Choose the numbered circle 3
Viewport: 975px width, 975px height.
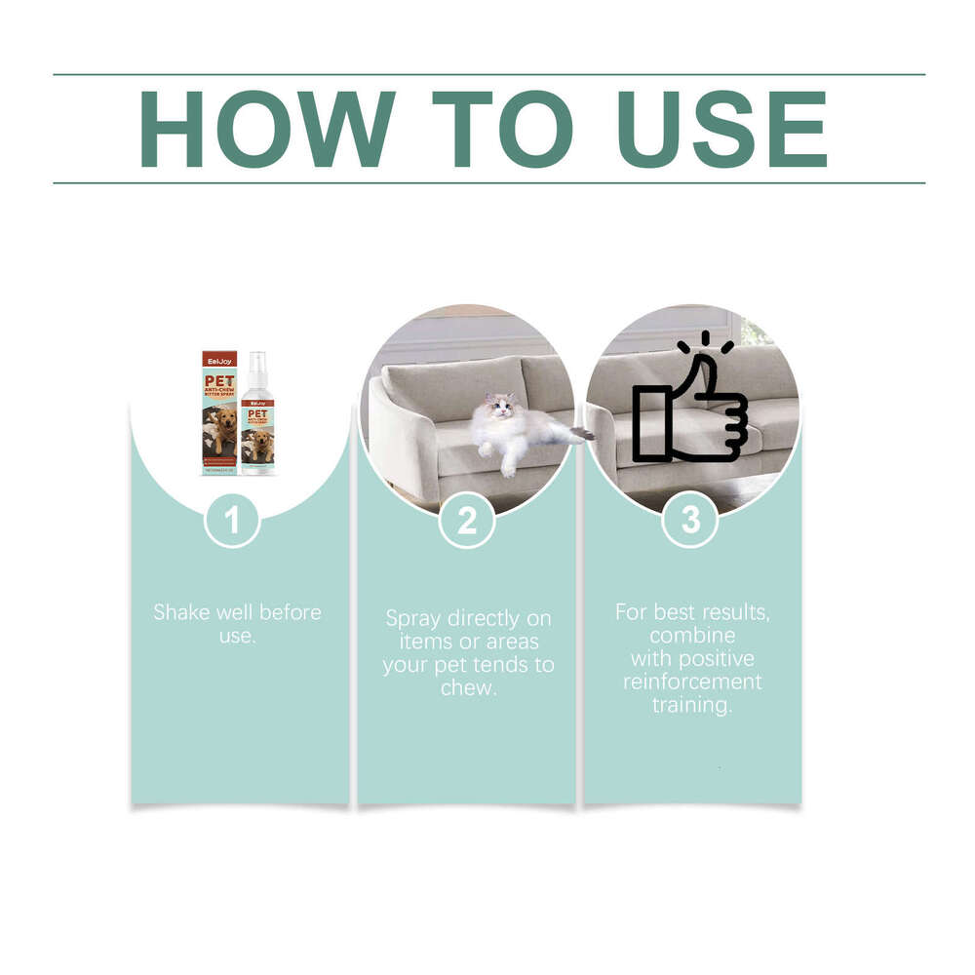pyautogui.click(x=690, y=520)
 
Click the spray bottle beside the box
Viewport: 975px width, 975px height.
pyautogui.click(x=258, y=419)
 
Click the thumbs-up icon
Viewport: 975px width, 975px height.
pyautogui.click(x=690, y=405)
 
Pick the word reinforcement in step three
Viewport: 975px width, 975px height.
pyautogui.click(x=692, y=682)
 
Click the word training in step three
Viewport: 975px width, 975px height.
pyautogui.click(x=692, y=705)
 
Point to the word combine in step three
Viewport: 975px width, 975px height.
pyautogui.click(x=692, y=635)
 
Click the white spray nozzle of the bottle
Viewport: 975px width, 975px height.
pyautogui.click(x=257, y=362)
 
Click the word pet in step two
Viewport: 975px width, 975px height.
pyautogui.click(x=452, y=665)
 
